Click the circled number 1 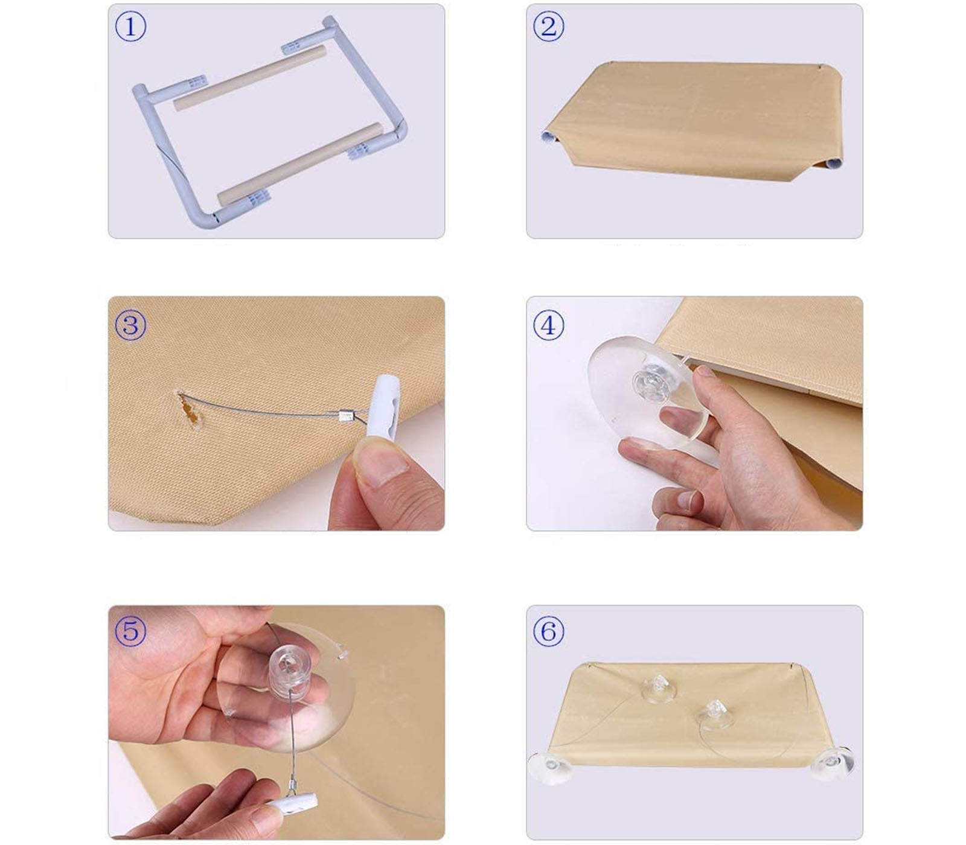[x=130, y=27]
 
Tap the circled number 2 [x=548, y=27]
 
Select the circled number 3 [x=130, y=325]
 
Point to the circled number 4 [x=548, y=325]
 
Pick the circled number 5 [x=130, y=631]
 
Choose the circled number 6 [x=548, y=631]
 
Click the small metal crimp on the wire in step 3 [x=346, y=416]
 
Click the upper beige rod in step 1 [x=250, y=78]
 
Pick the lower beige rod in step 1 [x=301, y=164]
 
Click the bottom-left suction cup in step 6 [x=549, y=767]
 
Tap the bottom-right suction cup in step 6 [x=833, y=763]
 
